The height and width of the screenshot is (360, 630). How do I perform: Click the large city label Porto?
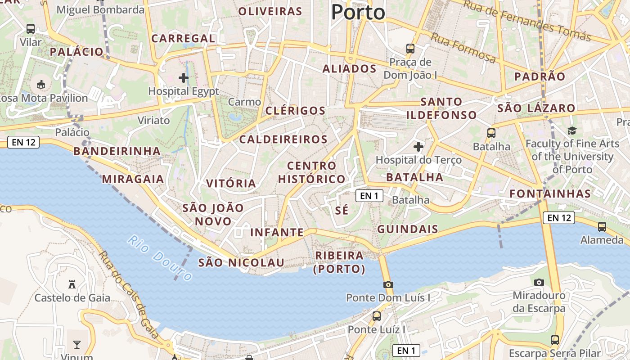pos(358,12)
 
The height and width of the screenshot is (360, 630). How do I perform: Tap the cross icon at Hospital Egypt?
pos(184,78)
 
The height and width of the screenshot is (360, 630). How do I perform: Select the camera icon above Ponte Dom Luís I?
pos(388,284)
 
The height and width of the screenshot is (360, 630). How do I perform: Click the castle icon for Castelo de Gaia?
pos(72,284)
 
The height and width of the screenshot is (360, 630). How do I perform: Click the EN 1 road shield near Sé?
pos(369,196)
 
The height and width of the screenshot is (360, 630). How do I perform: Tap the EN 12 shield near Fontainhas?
pos(559,218)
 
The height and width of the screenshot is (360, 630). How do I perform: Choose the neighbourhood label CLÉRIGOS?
pos(295,111)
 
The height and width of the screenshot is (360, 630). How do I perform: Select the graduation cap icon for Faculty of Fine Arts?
pos(572,130)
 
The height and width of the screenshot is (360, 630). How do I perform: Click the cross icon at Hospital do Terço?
pos(418,146)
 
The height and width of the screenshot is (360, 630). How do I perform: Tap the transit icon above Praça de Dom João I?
pos(410,48)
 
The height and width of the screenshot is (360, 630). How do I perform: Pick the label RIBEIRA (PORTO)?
pos(339,262)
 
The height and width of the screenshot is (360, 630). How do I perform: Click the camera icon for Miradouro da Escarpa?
pos(539,282)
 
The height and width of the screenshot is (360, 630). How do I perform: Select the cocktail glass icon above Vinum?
pos(77,345)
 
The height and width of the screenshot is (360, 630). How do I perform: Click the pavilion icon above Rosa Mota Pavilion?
pos(41,84)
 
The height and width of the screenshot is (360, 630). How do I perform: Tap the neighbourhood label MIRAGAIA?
pos(133,179)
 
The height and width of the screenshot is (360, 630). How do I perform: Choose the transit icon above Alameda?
pos(602,226)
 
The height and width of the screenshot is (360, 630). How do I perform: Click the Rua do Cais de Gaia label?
pos(128,295)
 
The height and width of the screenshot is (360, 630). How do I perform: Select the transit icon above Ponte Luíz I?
pos(376,316)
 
